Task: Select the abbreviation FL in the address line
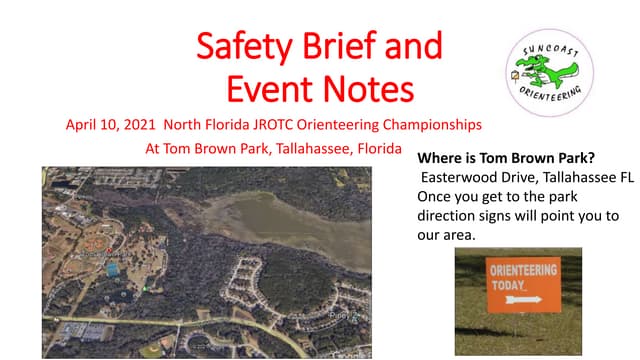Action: click(x=626, y=177)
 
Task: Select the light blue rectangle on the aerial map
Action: click(x=112, y=270)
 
